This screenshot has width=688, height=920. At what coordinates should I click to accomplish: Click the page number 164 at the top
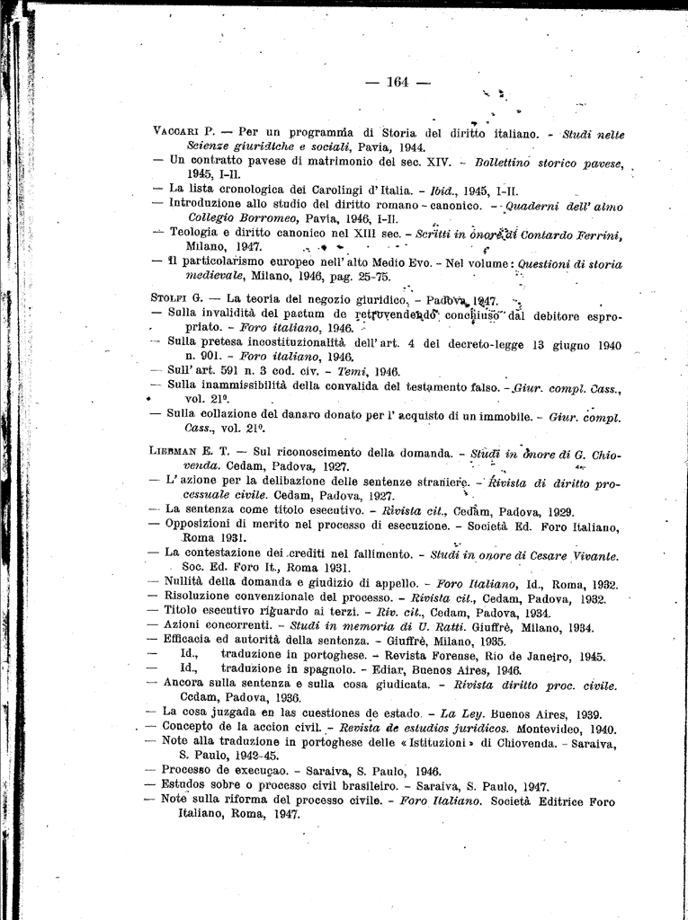coord(398,82)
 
